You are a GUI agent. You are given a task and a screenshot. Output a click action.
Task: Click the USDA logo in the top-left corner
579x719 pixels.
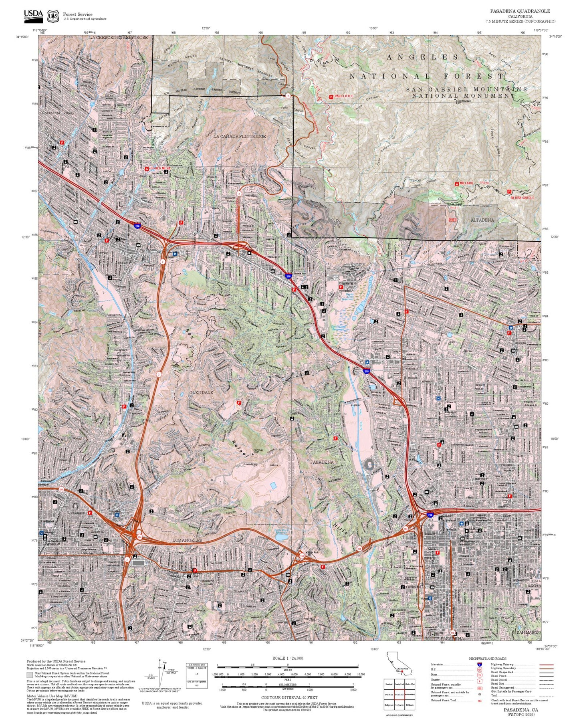click(x=33, y=15)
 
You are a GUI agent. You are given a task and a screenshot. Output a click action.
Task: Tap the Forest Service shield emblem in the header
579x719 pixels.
click(x=52, y=16)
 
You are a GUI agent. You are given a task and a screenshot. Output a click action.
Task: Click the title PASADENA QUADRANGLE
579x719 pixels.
click(x=520, y=11)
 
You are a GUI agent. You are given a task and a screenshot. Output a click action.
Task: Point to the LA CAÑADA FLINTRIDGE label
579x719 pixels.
click(x=240, y=137)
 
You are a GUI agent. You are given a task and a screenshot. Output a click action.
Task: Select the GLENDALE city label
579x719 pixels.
click(x=201, y=392)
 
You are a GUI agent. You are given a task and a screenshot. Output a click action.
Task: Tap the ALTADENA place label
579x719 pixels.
click(x=482, y=220)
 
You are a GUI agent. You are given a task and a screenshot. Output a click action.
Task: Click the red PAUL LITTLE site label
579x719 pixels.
click(x=344, y=97)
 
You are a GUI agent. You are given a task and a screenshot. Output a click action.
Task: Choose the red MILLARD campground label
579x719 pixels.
click(x=466, y=183)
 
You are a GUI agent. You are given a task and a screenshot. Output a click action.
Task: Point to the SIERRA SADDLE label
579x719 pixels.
click(x=522, y=197)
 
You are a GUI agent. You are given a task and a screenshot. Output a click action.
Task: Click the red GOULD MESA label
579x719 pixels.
click(x=160, y=168)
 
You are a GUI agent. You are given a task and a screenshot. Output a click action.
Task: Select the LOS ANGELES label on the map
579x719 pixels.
click(x=187, y=541)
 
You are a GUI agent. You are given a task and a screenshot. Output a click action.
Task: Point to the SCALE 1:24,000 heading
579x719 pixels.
click(x=288, y=658)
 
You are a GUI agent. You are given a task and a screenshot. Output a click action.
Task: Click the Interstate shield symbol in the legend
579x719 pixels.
click(x=479, y=664)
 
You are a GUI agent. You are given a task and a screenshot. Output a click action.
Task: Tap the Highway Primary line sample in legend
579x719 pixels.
click(x=546, y=664)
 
